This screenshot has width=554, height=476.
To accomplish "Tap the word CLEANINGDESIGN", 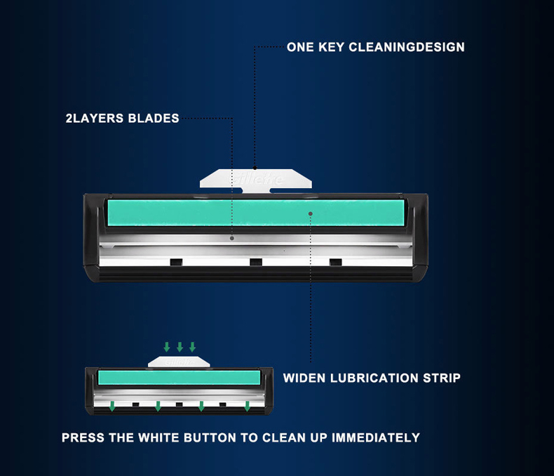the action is [x=407, y=47].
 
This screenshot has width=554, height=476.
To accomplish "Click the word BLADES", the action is [x=154, y=119].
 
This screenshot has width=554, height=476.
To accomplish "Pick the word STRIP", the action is [x=442, y=378].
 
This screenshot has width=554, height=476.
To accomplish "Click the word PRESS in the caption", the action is [x=83, y=438].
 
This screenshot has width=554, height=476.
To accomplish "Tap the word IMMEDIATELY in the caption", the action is [x=376, y=438].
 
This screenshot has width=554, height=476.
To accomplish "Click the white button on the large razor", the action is [x=256, y=180].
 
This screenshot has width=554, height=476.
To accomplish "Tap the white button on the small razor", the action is [x=179, y=362].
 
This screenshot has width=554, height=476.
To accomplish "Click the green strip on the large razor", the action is [x=256, y=213].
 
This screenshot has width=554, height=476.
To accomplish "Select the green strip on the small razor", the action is [x=179, y=378].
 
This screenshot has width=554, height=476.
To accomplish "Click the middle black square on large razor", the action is [x=256, y=262].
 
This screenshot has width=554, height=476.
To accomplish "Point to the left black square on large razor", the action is [x=176, y=262].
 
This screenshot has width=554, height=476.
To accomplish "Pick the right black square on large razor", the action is [x=336, y=262].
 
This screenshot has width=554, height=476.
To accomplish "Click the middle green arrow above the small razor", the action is [x=180, y=347].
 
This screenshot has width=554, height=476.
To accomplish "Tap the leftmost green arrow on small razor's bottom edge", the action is [x=112, y=406].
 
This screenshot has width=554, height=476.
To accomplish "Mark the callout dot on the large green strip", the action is [x=311, y=213].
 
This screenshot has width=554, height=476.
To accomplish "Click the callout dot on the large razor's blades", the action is [x=232, y=239].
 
